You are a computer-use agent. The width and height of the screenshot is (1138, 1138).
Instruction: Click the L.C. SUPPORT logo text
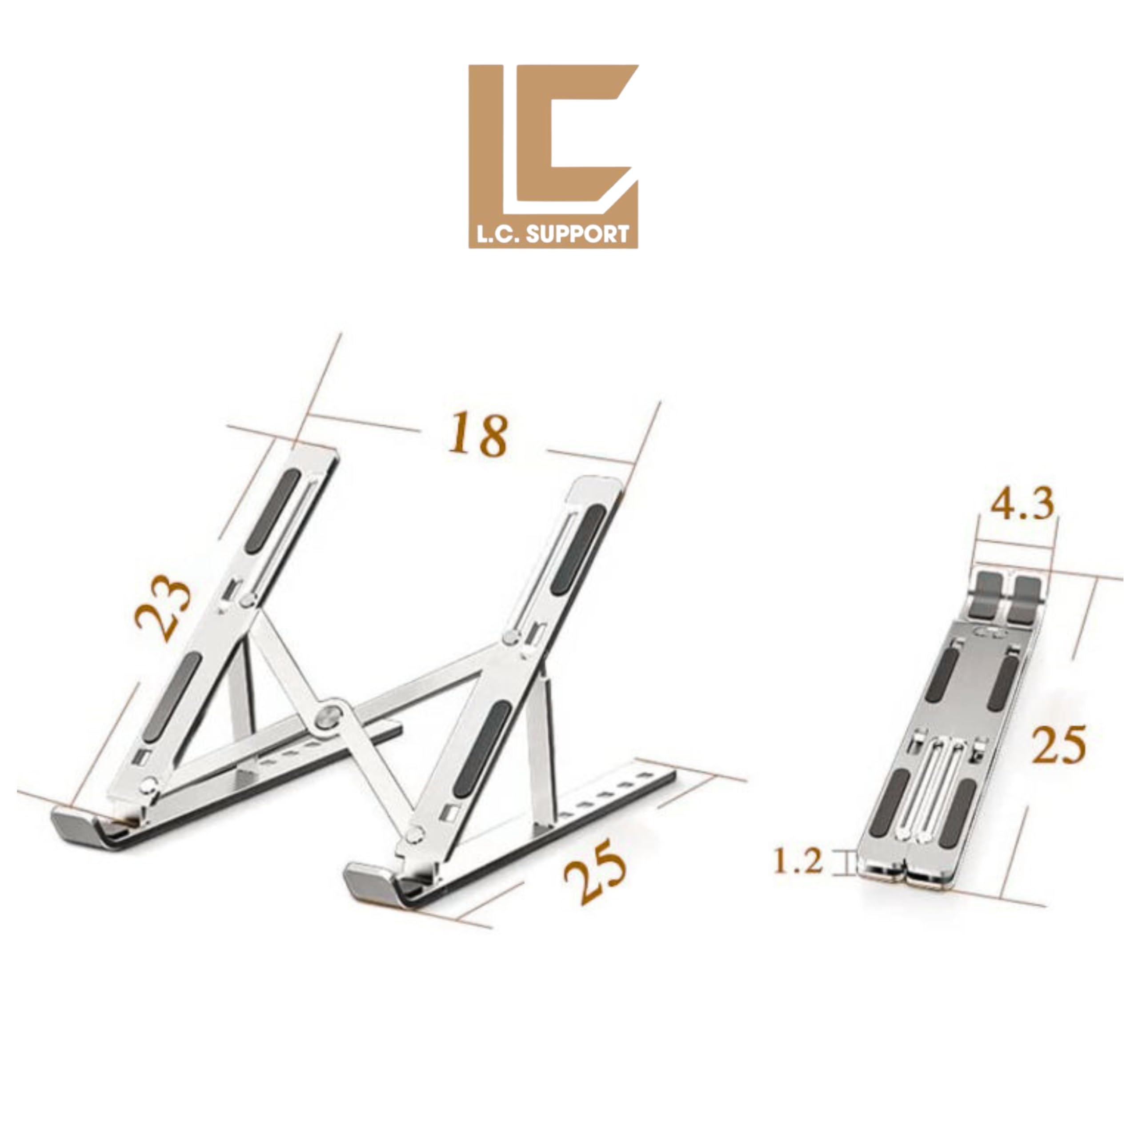click(x=553, y=235)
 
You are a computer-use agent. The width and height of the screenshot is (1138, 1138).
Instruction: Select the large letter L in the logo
click(x=488, y=147)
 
